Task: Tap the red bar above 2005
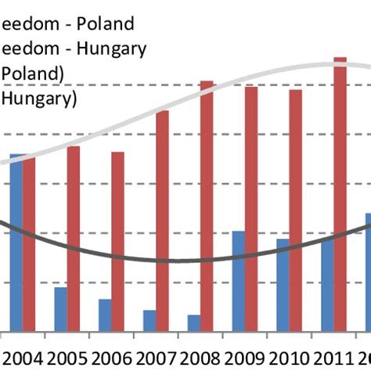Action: click(x=73, y=239)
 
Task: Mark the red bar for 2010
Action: click(x=295, y=211)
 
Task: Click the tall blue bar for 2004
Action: click(x=16, y=243)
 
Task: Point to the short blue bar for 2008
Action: click(x=193, y=323)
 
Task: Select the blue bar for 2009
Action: click(x=238, y=281)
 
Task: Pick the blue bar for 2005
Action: click(x=60, y=309)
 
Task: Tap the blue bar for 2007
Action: click(x=149, y=321)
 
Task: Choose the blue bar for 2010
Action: click(x=283, y=285)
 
